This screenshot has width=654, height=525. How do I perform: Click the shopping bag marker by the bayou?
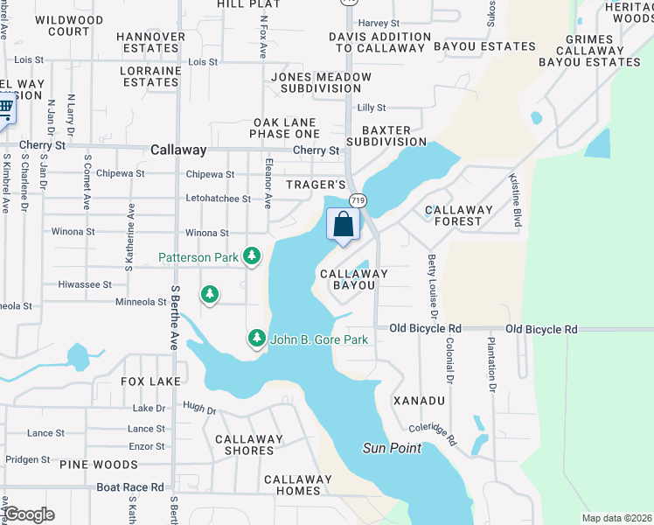[344, 224]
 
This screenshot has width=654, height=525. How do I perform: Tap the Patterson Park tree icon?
[252, 256]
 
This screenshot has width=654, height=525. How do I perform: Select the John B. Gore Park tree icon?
[256, 338]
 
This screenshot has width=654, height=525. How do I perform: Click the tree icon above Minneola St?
[210, 294]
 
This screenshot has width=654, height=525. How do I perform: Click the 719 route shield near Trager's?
[358, 201]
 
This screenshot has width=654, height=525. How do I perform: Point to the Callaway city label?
[177, 150]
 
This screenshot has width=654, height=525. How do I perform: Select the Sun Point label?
[392, 449]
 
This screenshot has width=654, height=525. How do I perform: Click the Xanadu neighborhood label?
[419, 400]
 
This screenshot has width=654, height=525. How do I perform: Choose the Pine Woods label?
[99, 465]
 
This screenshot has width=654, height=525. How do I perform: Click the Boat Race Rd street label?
[129, 487]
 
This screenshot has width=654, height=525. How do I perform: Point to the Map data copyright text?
[616, 518]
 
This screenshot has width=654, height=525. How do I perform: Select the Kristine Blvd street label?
[517, 201]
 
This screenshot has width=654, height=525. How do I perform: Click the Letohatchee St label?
[218, 199]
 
